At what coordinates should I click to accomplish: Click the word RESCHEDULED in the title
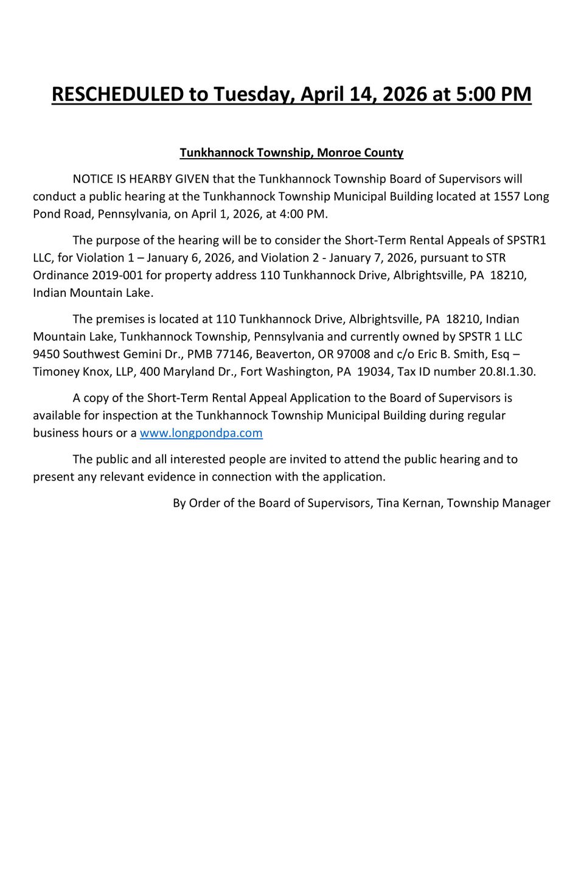117,94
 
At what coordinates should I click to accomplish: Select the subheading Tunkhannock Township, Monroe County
291,153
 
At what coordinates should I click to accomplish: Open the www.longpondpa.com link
201,433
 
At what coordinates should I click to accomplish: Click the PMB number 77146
231,354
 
